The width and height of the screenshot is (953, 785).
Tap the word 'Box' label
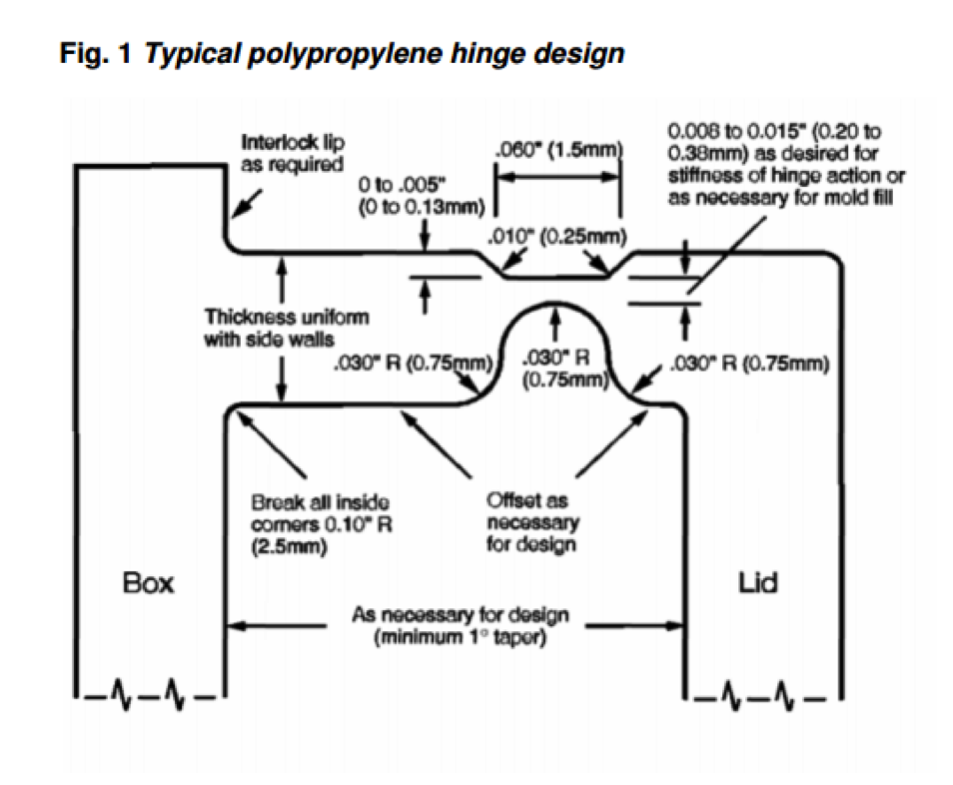[x=148, y=582]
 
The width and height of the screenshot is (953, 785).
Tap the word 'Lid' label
[x=758, y=582]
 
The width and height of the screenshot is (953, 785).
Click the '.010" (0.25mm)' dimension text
[x=558, y=237]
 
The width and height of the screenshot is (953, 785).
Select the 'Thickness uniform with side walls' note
[x=287, y=327]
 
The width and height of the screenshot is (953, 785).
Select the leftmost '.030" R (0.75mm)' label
[x=413, y=364]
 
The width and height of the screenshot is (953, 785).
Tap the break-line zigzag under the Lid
[x=759, y=692]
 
